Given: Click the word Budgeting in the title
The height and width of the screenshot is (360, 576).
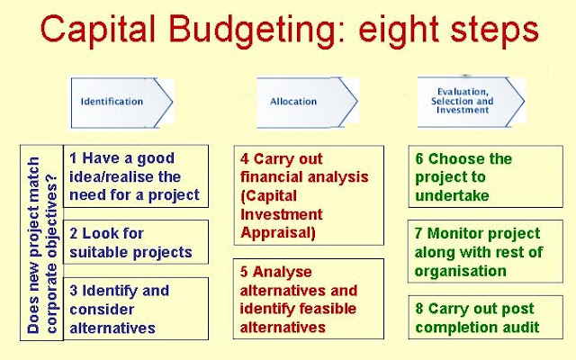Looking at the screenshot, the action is (x=256, y=30).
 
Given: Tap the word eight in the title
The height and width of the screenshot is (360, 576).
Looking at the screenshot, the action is (x=399, y=30).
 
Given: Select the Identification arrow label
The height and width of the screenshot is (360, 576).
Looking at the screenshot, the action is (x=112, y=102).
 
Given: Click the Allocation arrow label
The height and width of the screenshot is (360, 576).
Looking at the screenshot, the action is (x=293, y=102).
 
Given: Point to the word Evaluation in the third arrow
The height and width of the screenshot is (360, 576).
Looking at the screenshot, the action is (x=463, y=92).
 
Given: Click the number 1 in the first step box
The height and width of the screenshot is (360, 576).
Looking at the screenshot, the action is (x=73, y=158).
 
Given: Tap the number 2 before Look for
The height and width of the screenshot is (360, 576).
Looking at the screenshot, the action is (x=74, y=233).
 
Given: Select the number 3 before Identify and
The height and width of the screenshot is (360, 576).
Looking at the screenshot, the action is (x=74, y=291).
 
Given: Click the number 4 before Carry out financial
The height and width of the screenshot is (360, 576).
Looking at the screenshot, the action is (x=245, y=159).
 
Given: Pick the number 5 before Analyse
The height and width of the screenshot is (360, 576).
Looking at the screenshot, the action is (x=244, y=272).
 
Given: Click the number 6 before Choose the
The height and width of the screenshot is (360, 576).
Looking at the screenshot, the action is (x=419, y=159).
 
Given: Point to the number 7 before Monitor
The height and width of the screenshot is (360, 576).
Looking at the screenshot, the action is (x=418, y=233).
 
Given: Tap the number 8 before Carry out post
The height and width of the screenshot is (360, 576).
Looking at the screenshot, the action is (x=419, y=309).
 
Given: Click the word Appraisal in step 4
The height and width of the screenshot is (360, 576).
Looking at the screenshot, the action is (x=278, y=233).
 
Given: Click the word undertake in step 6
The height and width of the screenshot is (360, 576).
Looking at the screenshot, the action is (x=452, y=196).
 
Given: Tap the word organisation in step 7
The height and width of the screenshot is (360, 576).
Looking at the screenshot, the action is (x=460, y=272).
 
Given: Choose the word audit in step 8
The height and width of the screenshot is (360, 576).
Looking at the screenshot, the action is (x=521, y=328).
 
